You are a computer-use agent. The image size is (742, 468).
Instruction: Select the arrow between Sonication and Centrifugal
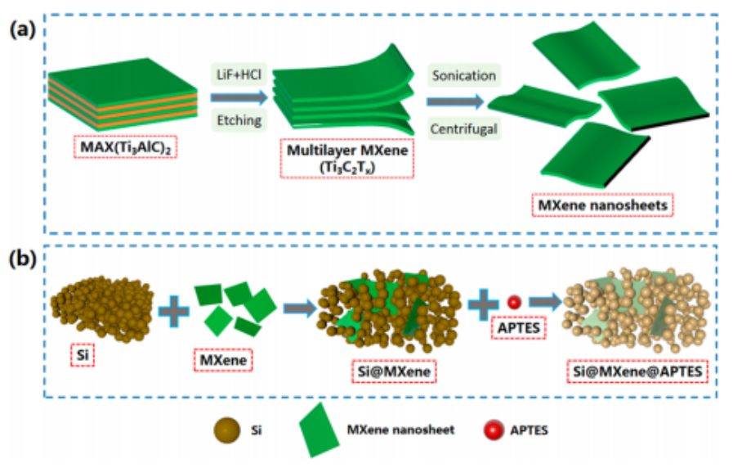[456, 102]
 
